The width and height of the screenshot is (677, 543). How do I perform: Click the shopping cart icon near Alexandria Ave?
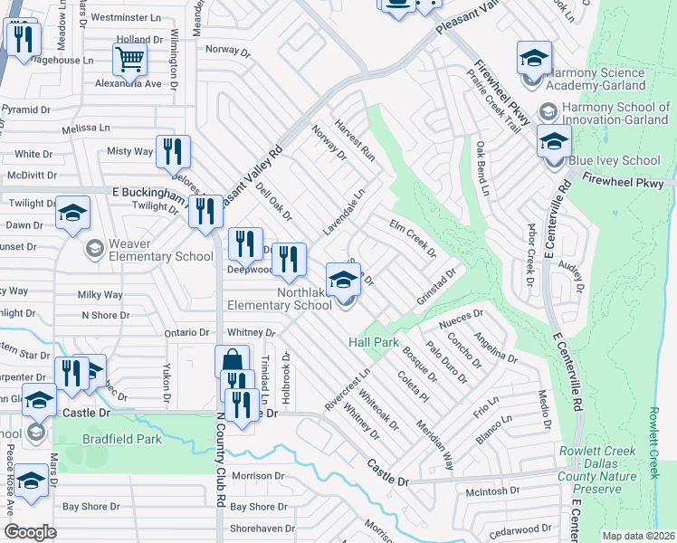(x=130, y=60)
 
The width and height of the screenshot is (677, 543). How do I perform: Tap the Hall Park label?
(x=374, y=343)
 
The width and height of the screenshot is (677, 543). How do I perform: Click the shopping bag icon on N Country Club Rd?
(x=232, y=361)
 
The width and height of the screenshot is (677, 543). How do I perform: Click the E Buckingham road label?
(x=153, y=193)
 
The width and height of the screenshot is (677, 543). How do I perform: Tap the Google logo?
(x=30, y=532)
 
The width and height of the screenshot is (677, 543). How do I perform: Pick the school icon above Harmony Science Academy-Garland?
(x=534, y=59)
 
